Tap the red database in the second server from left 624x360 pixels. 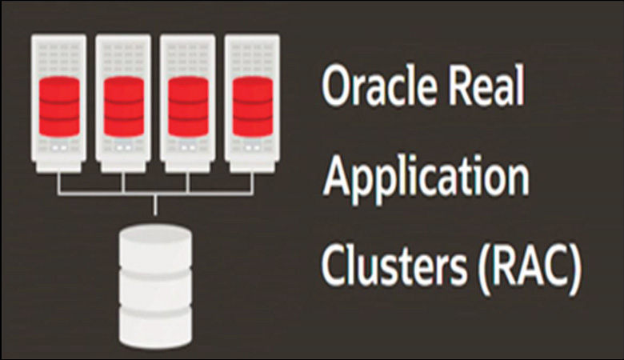pos(123,104)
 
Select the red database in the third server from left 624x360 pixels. pos(188,104)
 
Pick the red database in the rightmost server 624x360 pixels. pos(253,104)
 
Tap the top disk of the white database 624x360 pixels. pos(155,239)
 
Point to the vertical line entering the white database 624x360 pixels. pos(155,204)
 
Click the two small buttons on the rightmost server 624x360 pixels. pos(253,149)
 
